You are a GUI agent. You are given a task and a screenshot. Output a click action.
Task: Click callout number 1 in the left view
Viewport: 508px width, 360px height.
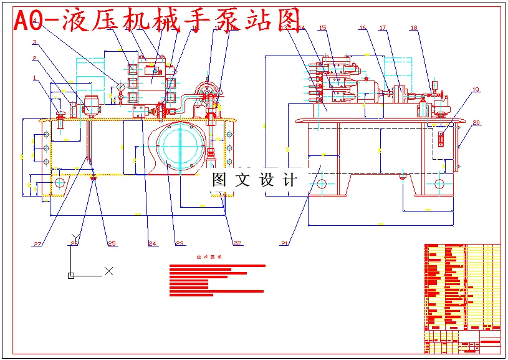35,78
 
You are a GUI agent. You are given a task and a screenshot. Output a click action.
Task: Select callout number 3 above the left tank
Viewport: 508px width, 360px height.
35,43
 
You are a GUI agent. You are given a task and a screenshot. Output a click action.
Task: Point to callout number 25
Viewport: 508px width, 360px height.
112,243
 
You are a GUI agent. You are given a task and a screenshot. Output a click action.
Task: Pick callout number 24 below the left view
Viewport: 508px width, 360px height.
152,243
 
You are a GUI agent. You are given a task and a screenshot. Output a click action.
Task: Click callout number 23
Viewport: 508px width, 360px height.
180,243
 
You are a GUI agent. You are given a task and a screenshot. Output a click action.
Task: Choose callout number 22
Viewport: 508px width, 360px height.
237,243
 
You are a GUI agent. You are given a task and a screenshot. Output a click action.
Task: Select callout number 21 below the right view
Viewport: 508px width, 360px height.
285,243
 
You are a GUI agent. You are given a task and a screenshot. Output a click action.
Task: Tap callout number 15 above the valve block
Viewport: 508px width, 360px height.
322,28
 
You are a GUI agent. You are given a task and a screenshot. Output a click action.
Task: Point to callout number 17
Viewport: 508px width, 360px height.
383,28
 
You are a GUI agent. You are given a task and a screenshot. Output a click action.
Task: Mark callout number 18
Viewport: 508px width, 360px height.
414,28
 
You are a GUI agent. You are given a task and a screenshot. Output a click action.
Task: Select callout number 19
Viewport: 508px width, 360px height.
476,90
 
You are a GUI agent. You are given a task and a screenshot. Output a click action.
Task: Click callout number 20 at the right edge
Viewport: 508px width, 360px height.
476,123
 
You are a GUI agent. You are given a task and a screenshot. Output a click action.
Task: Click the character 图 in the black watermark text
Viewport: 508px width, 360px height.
219,180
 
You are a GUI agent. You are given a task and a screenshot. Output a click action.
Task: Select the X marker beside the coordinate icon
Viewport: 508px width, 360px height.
109,271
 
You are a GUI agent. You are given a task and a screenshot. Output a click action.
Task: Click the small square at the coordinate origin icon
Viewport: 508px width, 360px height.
71,275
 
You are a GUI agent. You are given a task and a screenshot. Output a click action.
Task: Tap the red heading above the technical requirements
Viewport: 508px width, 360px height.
208,257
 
